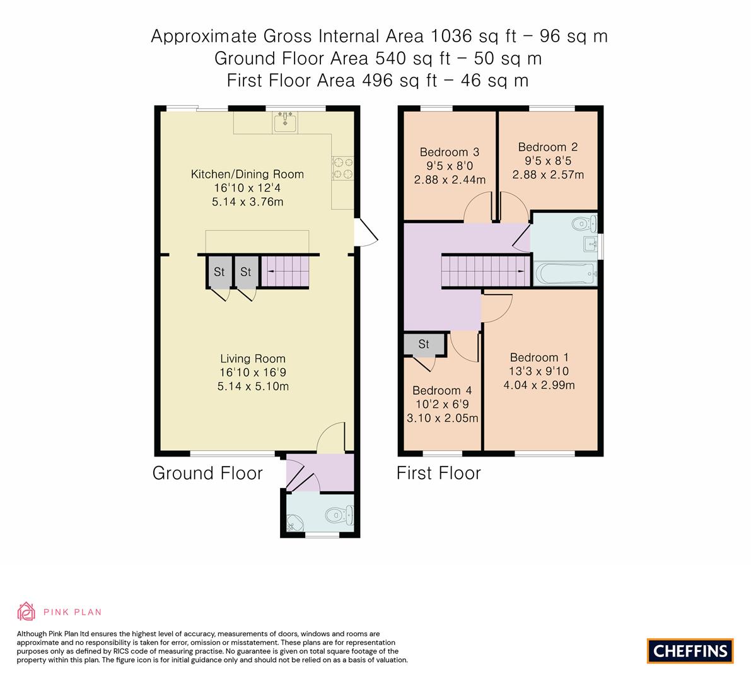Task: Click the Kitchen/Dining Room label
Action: pos(247,174)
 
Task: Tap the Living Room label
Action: pos(253,359)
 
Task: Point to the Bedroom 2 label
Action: pos(547,147)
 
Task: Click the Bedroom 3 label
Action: pos(449,152)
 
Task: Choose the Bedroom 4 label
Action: pos(441,390)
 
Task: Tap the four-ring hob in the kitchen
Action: pos(343,168)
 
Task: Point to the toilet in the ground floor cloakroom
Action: pos(341,516)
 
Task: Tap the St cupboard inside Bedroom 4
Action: pos(424,344)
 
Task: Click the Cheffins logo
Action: pos(690,651)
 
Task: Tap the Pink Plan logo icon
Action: pos(26,611)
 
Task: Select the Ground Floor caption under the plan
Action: pos(207,473)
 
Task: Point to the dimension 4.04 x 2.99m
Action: pos(539,385)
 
